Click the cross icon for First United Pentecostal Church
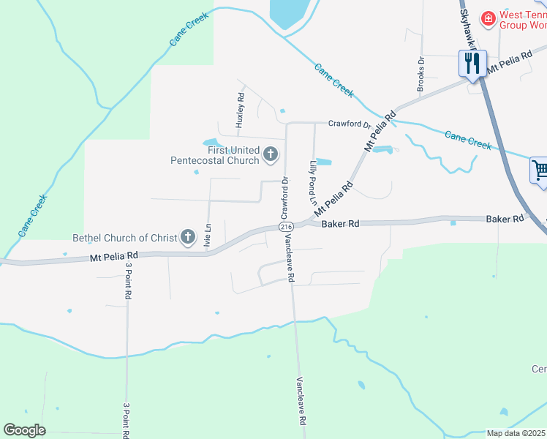coord(271,154)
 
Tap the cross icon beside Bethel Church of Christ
coord(188,236)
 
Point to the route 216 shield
coord(286,228)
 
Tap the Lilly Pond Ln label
coord(313,181)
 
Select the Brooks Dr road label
coord(421,75)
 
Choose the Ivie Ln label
coord(208,237)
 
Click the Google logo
coord(24,430)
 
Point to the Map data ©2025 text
coord(516,433)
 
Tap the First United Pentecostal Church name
coord(215,155)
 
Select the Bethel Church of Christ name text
coord(124,238)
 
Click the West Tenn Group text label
coord(523,20)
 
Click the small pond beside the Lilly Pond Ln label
coord(323,162)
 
